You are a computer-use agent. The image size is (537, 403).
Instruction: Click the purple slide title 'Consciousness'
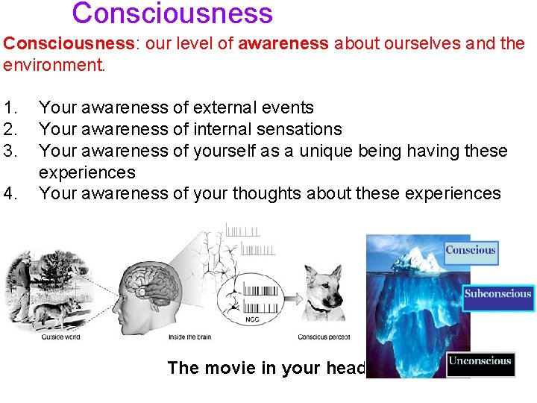coord(172,13)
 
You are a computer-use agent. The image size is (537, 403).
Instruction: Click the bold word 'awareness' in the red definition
coord(283,43)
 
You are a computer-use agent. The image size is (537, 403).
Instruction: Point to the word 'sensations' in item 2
coord(297,130)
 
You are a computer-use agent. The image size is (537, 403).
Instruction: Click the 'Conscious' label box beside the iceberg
coord(471,251)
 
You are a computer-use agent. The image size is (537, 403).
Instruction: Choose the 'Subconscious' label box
coord(497,294)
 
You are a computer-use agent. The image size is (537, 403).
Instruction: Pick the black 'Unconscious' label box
coord(480,362)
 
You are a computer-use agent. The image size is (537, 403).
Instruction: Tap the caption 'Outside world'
coord(60,337)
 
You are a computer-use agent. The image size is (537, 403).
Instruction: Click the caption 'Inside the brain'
coord(189,337)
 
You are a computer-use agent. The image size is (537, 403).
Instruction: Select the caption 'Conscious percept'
coord(324,337)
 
